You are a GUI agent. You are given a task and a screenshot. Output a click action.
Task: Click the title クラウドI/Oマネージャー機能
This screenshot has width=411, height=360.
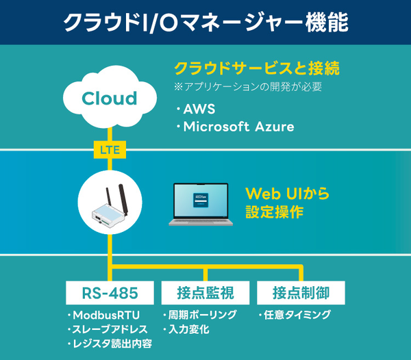pyautogui.click(x=206, y=23)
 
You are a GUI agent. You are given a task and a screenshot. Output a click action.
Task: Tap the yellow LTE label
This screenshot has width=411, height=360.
pyautogui.click(x=110, y=148)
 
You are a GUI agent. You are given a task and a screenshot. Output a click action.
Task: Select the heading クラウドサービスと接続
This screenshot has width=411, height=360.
pyautogui.click(x=257, y=69)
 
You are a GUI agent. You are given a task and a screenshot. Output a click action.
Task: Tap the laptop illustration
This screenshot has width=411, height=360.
pyautogui.click(x=201, y=205)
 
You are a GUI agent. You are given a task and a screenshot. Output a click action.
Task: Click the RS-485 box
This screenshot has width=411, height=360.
pyautogui.click(x=110, y=293)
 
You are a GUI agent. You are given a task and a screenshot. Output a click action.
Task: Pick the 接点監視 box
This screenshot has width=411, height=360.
pyautogui.click(x=205, y=293)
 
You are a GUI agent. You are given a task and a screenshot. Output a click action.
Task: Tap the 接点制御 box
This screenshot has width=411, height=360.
pyautogui.click(x=300, y=293)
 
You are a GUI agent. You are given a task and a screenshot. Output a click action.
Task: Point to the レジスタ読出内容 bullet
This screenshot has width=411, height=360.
pyautogui.click(x=113, y=344)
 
